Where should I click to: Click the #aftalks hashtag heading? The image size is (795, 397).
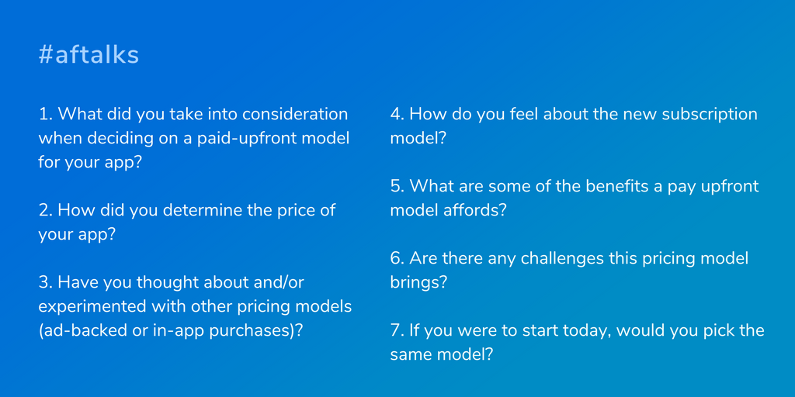point(89,55)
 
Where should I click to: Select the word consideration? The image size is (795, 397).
point(295,114)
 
